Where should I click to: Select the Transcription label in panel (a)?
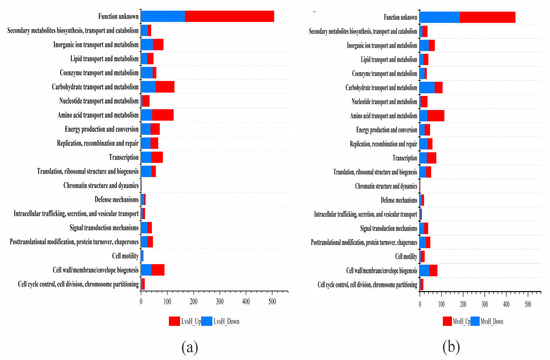coord(118,156)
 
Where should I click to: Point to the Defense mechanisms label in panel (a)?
coord(107,198)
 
